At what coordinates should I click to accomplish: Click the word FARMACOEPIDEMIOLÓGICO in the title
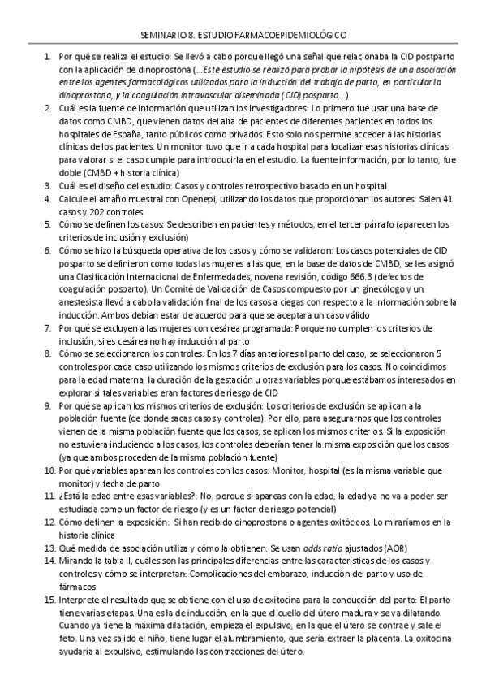coord(295,37)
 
